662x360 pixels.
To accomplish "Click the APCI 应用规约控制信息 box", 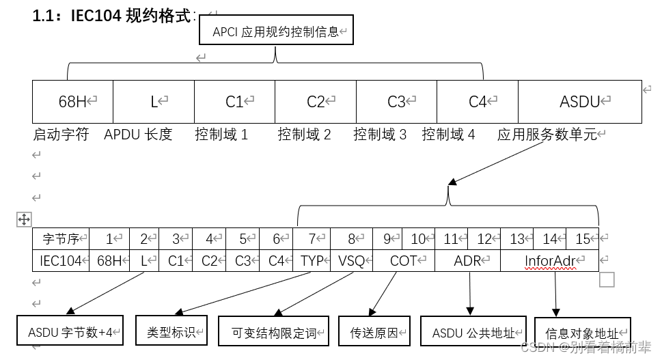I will coord(276,31).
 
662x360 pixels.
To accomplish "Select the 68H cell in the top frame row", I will coord(72,102).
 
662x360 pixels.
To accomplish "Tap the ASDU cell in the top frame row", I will coord(579,102).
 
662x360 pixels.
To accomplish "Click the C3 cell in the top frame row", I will coord(396,102).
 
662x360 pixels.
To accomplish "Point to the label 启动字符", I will coord(61,135).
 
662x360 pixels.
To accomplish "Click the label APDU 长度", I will coord(138,135).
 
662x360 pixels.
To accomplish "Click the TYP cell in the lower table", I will coord(312,260).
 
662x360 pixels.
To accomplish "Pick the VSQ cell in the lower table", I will coord(352,260).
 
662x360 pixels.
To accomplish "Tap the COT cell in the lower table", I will coord(404,260).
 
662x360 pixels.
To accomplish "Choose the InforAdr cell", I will coord(550,260).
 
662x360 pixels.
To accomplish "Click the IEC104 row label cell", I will coord(61,260).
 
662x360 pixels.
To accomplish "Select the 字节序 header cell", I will coord(61,239).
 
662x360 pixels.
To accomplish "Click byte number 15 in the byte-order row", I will coord(583,239).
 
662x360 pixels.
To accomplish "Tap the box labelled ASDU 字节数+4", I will coord(71,333).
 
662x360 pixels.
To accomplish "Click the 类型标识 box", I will coord(171,332).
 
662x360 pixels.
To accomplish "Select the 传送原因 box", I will coord(374,333).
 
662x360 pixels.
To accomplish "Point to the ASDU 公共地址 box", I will coord(473,333).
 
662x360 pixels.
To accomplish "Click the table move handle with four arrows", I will coord(23,219).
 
